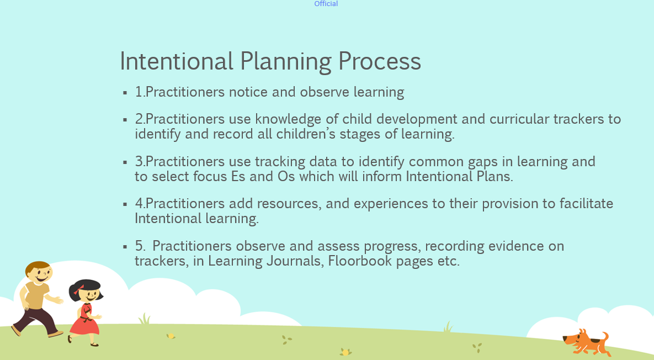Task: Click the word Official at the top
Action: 326,4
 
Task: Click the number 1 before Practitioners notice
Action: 139,92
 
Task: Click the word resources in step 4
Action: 287,204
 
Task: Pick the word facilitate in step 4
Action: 586,204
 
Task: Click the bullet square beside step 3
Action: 125,162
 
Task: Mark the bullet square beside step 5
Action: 125,246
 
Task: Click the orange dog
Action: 586,342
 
